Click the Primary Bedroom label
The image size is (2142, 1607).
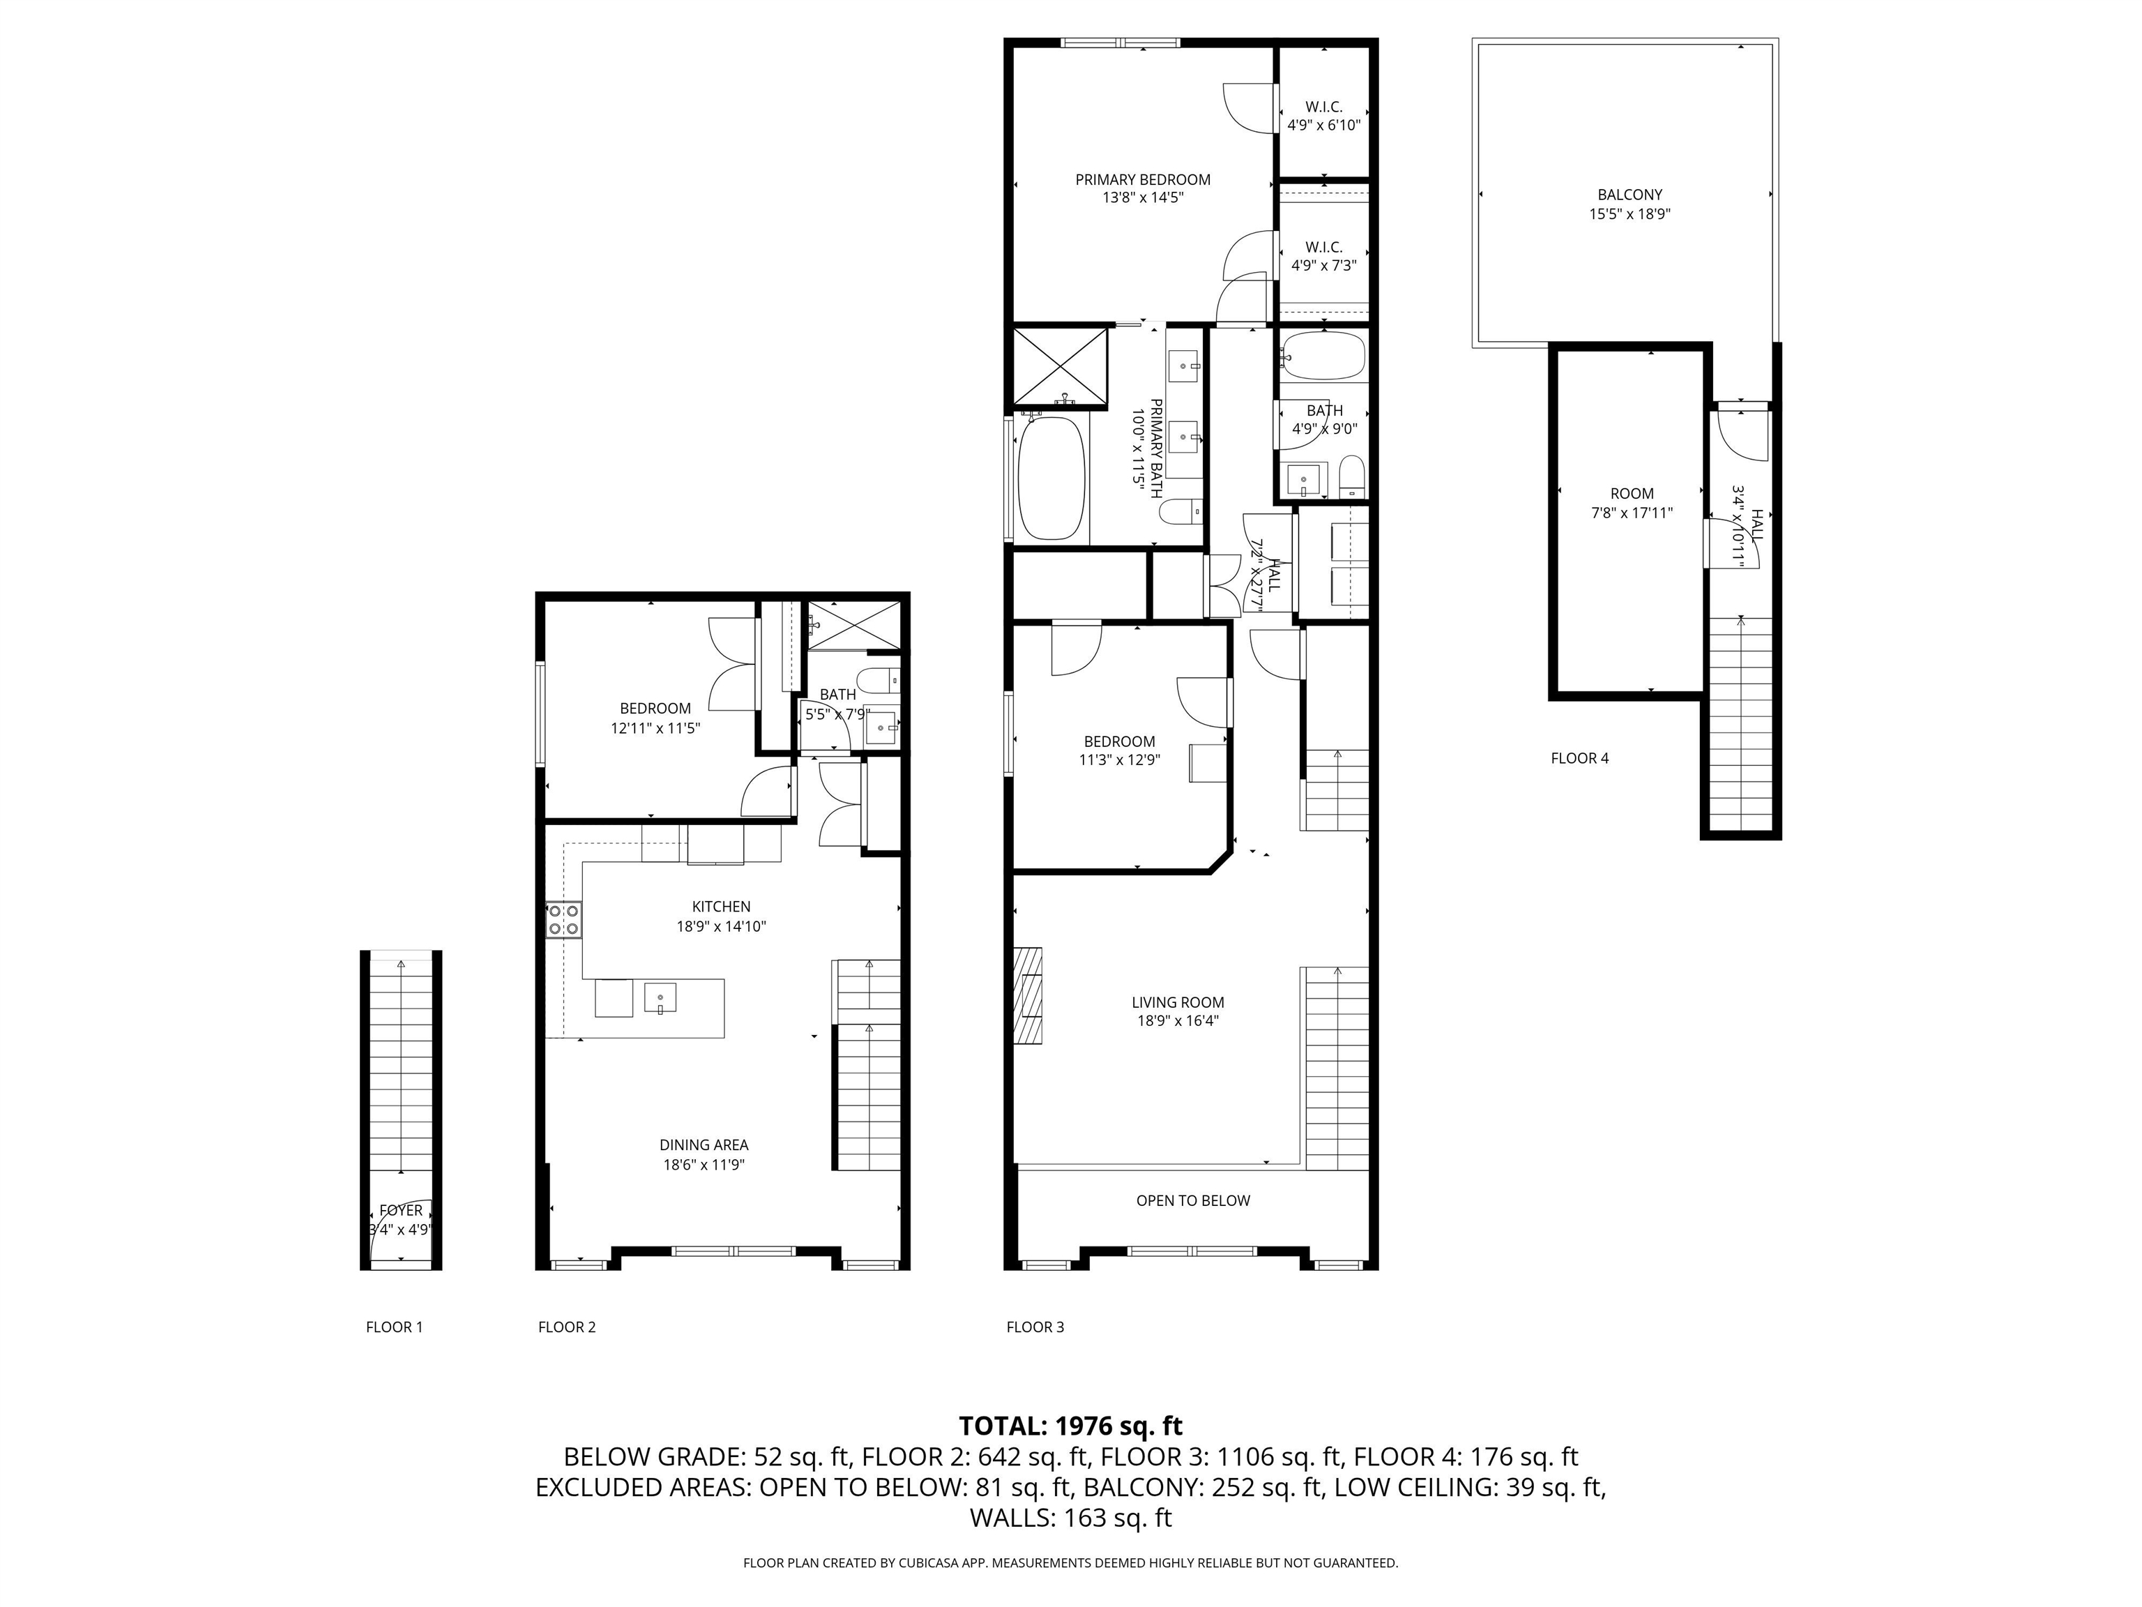click(1143, 179)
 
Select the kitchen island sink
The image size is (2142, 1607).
click(660, 997)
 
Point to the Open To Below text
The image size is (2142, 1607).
click(1193, 1200)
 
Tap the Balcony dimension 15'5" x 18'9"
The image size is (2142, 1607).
click(1630, 214)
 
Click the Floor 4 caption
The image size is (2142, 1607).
click(1579, 758)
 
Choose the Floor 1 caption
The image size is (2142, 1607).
click(394, 1327)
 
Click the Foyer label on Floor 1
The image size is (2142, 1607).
click(401, 1211)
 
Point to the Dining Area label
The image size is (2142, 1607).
click(704, 1145)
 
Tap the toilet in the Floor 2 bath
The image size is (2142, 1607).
click(879, 681)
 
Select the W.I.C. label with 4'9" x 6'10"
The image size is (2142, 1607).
click(1323, 107)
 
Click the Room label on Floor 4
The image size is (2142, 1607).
click(1632, 493)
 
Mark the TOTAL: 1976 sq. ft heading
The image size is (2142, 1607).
click(1070, 1426)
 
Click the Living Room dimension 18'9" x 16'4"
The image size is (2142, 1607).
click(1178, 1021)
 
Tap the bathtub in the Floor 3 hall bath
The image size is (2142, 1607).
click(1323, 356)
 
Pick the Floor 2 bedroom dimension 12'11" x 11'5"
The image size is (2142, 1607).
click(655, 727)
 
